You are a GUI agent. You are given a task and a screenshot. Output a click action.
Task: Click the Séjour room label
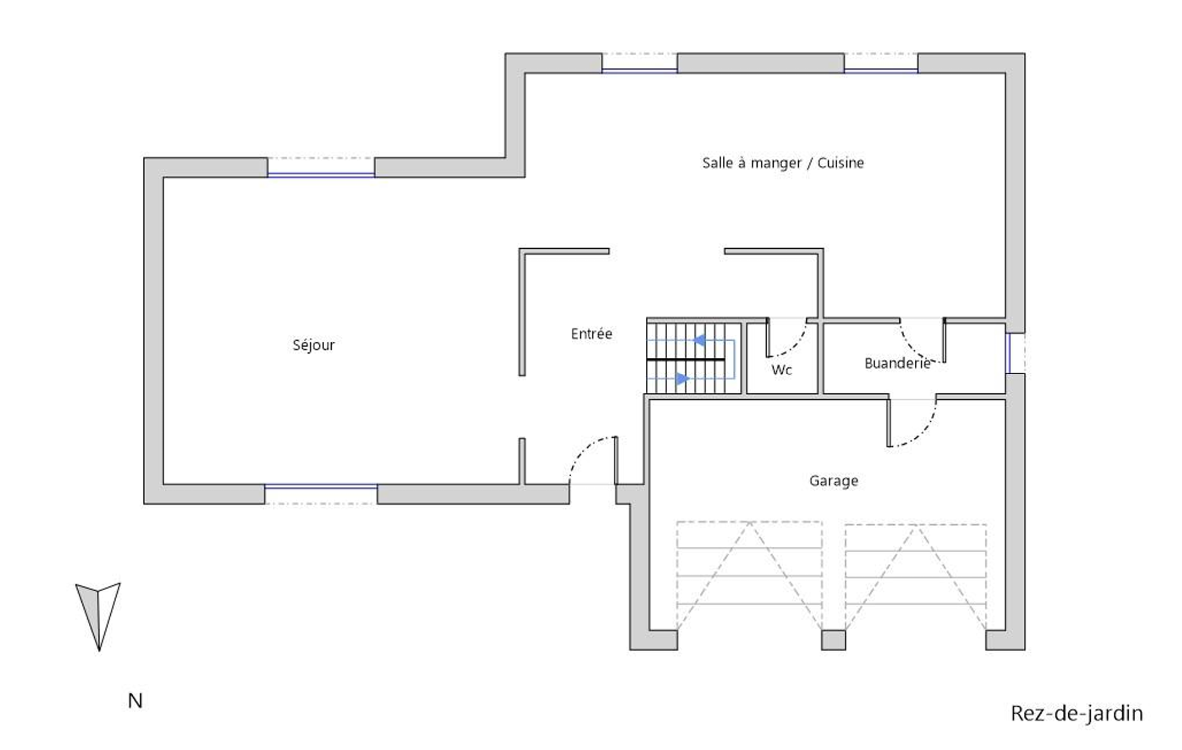click(x=313, y=345)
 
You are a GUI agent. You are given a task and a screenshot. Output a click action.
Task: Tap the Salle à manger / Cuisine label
click(x=783, y=163)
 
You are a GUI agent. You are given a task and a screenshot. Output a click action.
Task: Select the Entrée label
click(x=591, y=334)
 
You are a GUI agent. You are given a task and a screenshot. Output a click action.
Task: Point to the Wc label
click(x=781, y=370)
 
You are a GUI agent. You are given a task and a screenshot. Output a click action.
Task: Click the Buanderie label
click(x=897, y=363)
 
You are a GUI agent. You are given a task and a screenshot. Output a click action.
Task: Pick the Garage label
click(x=834, y=480)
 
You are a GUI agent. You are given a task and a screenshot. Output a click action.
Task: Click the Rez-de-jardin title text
click(x=1077, y=713)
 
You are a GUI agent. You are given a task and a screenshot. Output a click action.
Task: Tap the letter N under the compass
click(x=135, y=701)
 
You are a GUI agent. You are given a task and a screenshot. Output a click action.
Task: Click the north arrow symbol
click(x=98, y=616)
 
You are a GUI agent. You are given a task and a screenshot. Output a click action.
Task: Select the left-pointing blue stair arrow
click(x=699, y=341)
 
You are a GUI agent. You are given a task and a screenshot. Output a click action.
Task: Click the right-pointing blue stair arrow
click(x=683, y=378)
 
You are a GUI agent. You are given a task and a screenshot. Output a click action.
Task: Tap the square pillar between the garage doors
click(x=833, y=640)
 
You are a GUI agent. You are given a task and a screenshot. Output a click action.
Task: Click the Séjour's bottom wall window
click(x=321, y=494)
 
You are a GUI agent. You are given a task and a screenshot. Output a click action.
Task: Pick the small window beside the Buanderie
click(x=1016, y=353)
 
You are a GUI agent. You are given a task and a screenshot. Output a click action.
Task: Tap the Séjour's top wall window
click(x=321, y=168)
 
